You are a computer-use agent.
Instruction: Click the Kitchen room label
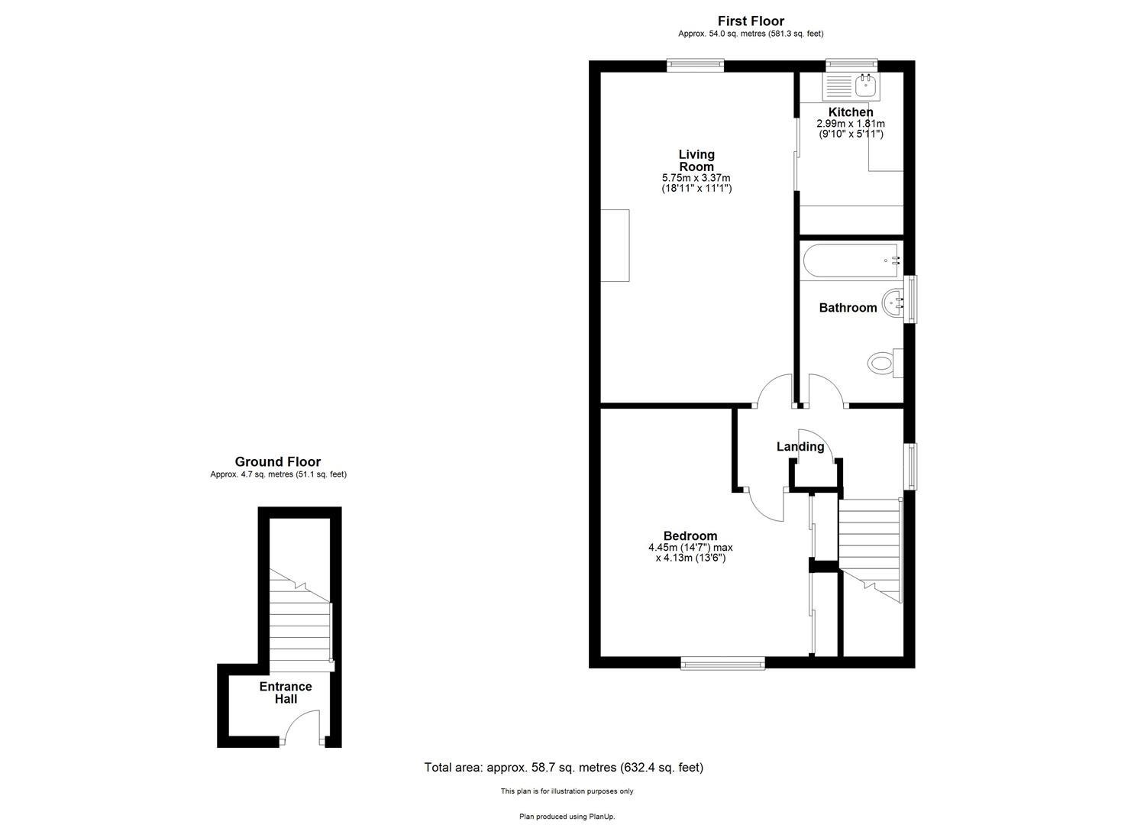coord(851,112)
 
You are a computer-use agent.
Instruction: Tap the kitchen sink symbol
coord(865,86)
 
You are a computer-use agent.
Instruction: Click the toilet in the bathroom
coord(883,362)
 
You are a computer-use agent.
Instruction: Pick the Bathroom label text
coord(848,308)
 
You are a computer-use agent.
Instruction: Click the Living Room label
coord(696,160)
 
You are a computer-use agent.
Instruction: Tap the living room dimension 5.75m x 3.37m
coord(696,178)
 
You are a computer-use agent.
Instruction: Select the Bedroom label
coord(690,536)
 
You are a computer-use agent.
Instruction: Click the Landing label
coord(800,447)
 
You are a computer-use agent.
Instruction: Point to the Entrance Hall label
coord(286,693)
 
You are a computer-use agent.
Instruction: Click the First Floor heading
coord(751,21)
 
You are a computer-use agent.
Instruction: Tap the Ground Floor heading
coord(278,461)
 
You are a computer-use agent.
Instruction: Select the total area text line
coord(564,768)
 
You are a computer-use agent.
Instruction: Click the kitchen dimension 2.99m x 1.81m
coord(851,124)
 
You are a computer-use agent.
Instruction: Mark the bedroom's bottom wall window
coord(722,663)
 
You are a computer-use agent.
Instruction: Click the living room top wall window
coord(695,66)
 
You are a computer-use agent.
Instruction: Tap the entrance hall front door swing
coord(302,726)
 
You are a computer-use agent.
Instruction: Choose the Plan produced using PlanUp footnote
coord(567,817)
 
